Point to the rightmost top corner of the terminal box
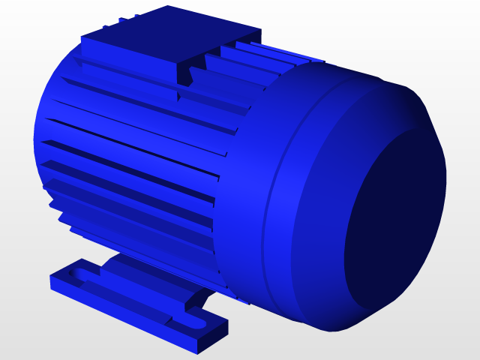click(261, 31)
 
